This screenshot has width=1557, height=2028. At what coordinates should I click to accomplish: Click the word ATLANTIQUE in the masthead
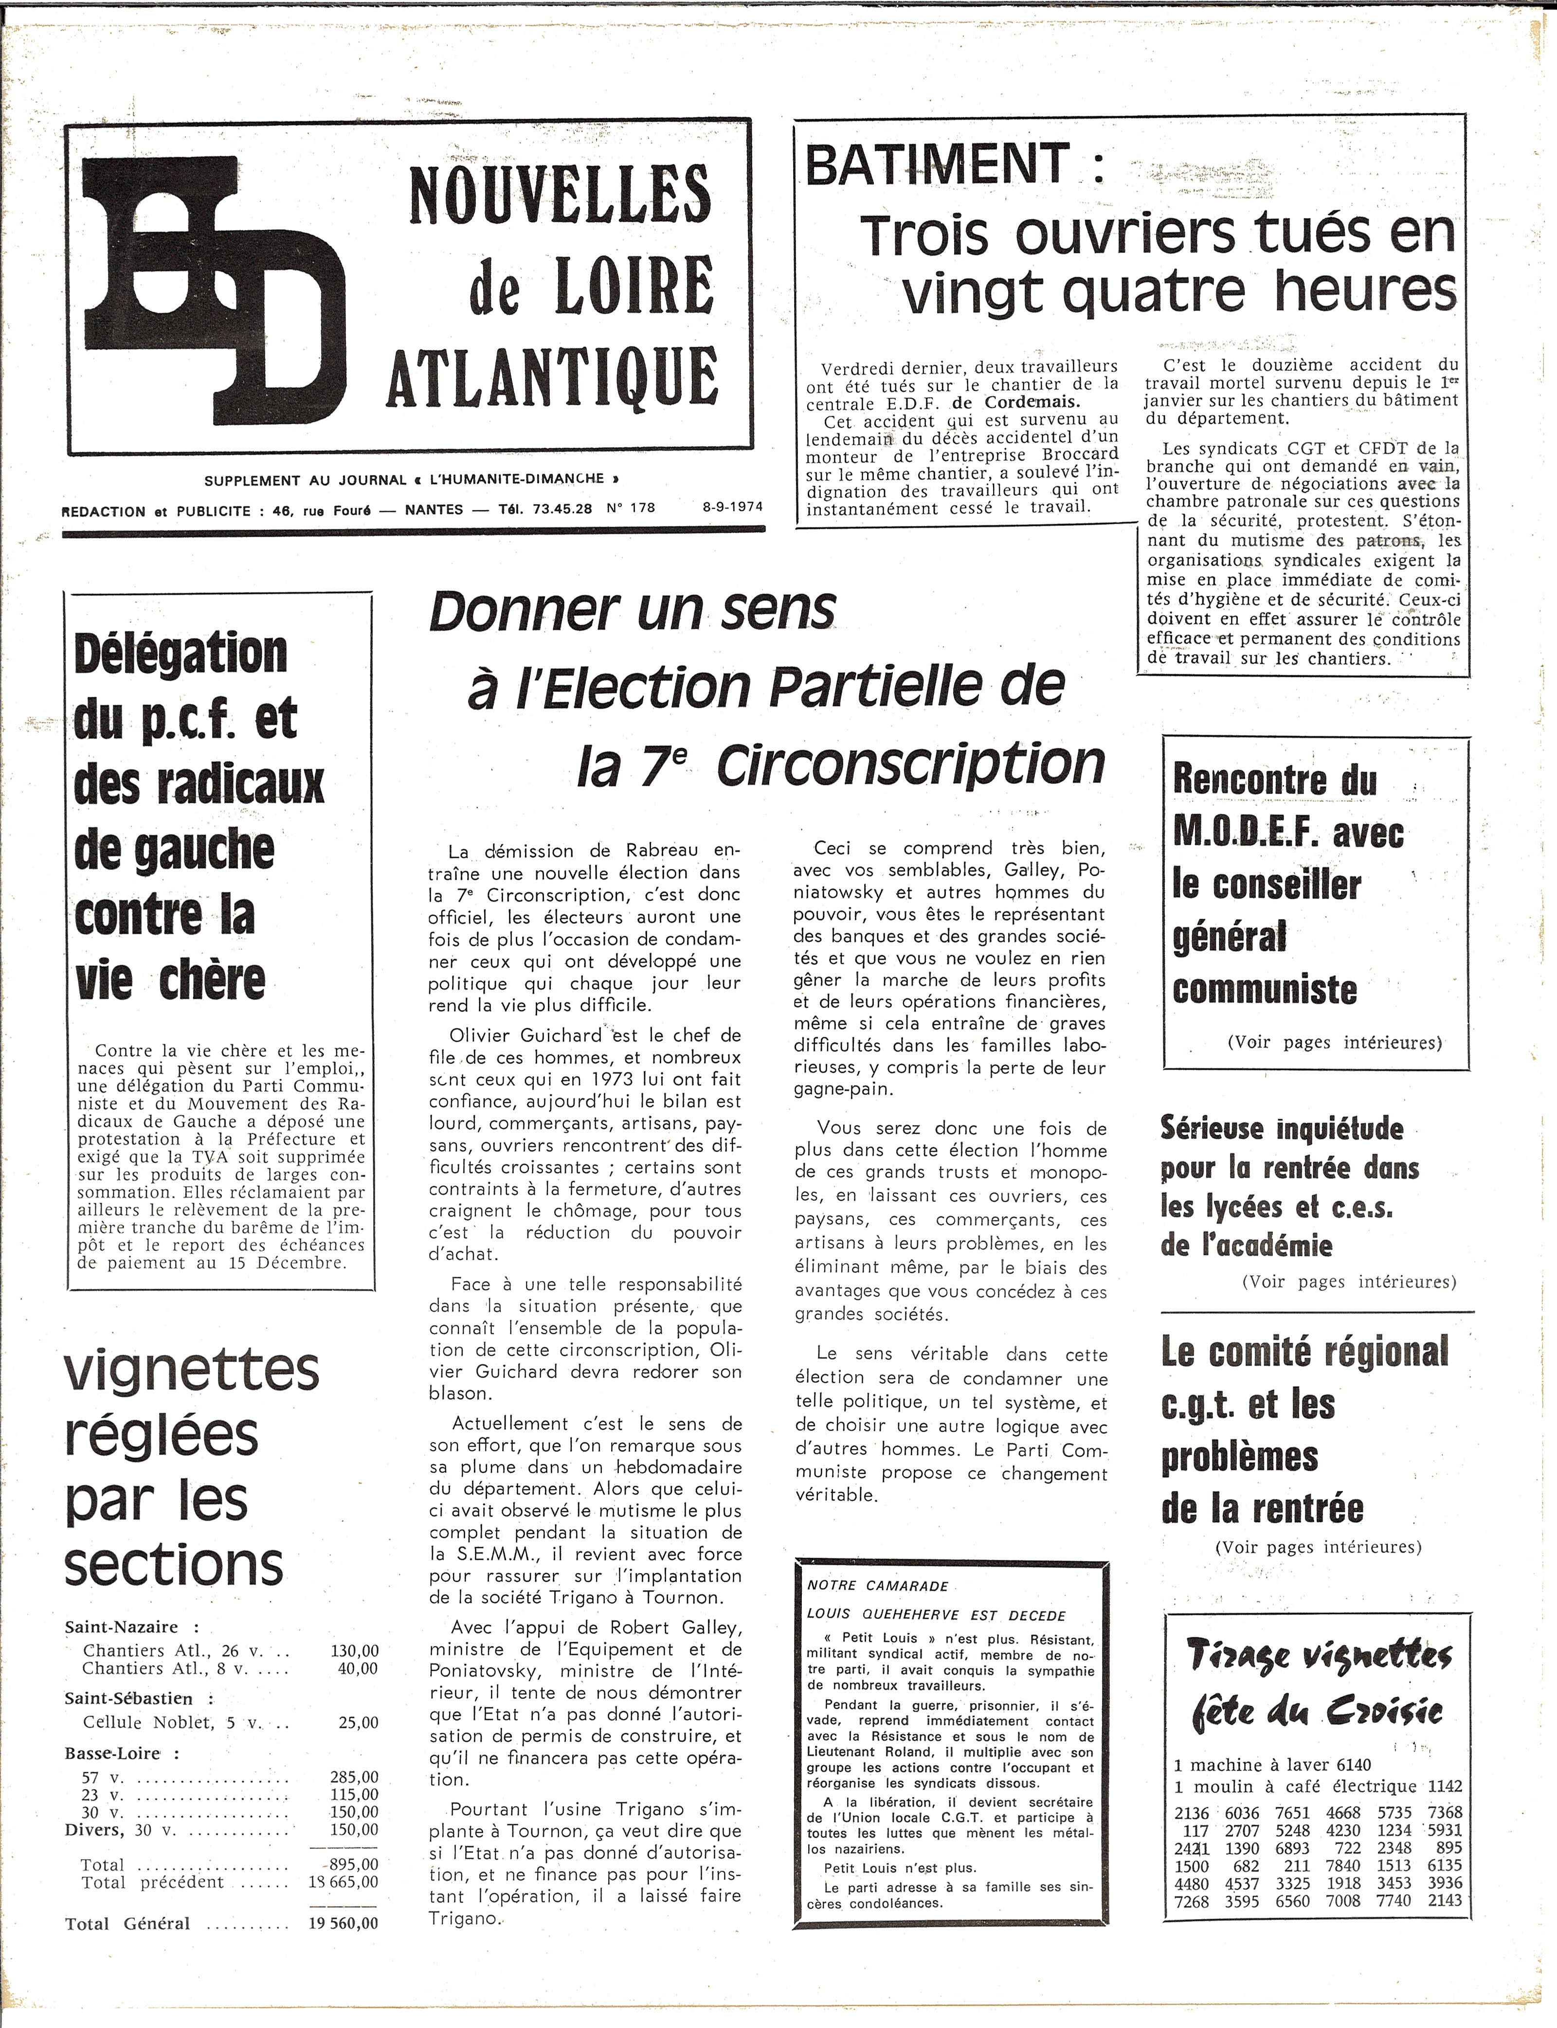[x=552, y=377]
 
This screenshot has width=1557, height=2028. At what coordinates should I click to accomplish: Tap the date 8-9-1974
[x=732, y=507]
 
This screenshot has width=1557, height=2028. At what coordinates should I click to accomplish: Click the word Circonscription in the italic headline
[x=911, y=764]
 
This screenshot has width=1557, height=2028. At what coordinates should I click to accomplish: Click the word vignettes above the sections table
[x=192, y=1369]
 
